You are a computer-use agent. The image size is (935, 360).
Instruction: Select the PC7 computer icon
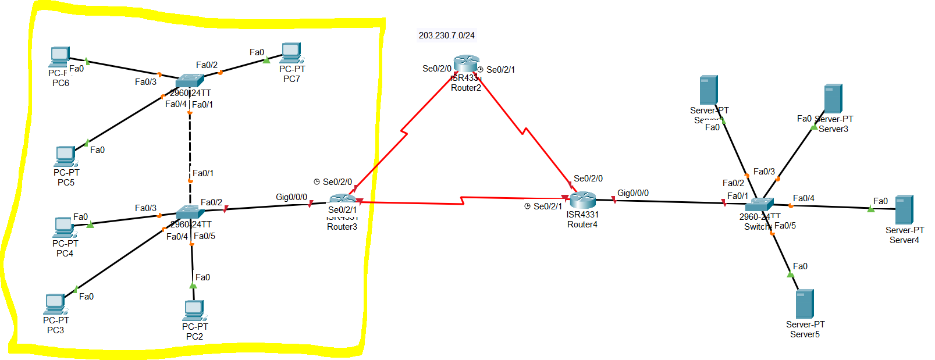pos(291,53)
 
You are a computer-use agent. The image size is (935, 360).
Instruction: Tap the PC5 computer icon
pos(65,156)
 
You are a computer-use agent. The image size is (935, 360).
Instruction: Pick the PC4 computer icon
pos(64,227)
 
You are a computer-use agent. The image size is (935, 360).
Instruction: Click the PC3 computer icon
pos(55,304)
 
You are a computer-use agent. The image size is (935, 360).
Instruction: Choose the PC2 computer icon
pos(194,311)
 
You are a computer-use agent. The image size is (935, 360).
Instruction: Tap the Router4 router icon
pos(582,200)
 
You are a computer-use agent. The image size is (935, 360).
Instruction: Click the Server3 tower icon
pos(833,98)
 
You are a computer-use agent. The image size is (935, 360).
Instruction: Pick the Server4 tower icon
pos(904,209)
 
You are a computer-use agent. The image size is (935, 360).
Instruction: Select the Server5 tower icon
pos(805,304)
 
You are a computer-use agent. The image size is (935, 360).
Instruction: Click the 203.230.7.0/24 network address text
pos(446,35)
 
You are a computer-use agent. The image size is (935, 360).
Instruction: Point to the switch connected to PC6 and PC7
pos(190,81)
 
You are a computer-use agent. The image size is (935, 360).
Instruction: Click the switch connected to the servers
pos(759,204)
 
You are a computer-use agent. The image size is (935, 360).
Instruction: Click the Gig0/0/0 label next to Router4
pos(633,193)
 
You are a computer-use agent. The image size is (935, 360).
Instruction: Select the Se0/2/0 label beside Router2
pos(436,69)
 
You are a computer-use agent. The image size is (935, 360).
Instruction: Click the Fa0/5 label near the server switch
pos(785,226)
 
